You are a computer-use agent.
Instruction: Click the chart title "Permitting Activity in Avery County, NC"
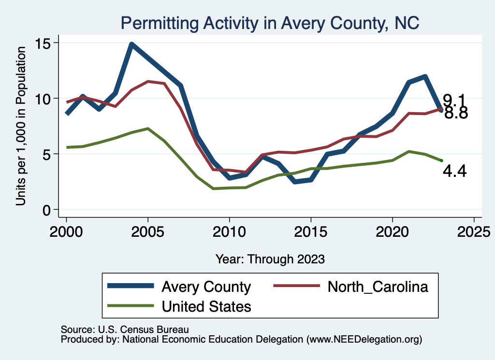click(x=270, y=22)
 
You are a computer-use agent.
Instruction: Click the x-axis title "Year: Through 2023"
click(x=270, y=259)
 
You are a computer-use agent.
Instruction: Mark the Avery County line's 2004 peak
click(x=131, y=44)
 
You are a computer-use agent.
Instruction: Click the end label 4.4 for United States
click(x=454, y=171)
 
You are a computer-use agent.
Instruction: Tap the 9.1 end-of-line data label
click(x=454, y=100)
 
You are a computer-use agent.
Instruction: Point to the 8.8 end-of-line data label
click(x=456, y=114)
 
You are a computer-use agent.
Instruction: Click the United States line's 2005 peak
click(x=147, y=129)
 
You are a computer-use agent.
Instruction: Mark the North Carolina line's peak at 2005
click(x=147, y=81)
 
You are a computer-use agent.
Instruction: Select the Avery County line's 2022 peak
click(x=425, y=76)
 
